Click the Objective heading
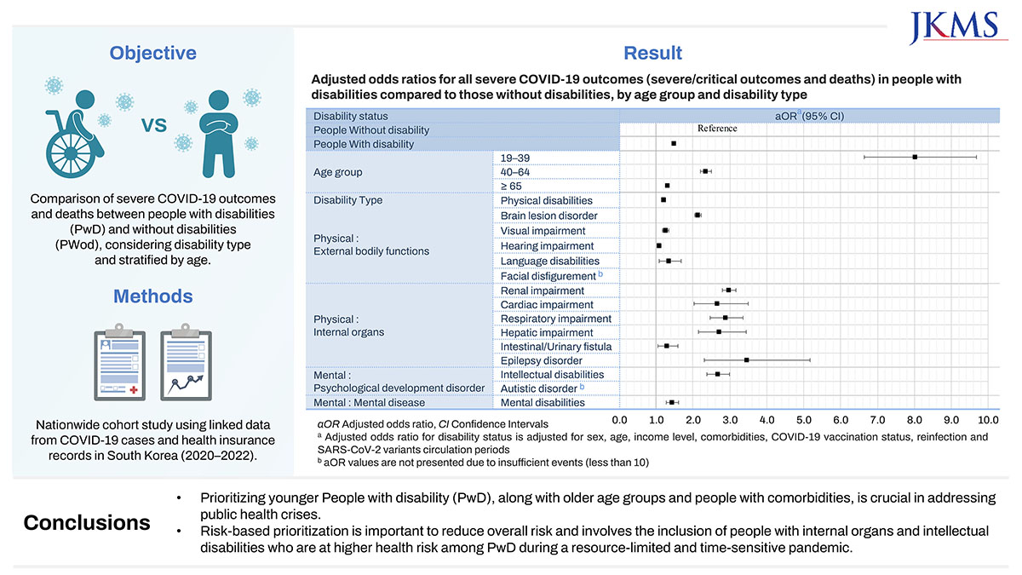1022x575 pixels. pos(152,53)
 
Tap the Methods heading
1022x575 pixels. pos(152,296)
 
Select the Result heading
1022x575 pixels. pos(652,53)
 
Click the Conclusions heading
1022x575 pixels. pos(87,522)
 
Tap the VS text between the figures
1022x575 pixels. pos(153,125)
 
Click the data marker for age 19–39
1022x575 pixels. pos(915,157)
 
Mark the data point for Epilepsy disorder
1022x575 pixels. pos(746,360)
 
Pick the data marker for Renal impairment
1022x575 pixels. pos(728,290)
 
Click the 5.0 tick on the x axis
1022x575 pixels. pos(804,420)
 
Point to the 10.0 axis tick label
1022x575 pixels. pos(987,420)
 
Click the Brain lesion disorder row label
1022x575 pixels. pos(548,216)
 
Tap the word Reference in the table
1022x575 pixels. pos(717,129)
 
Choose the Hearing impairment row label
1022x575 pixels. pos(547,245)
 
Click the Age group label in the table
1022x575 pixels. pos(338,172)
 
